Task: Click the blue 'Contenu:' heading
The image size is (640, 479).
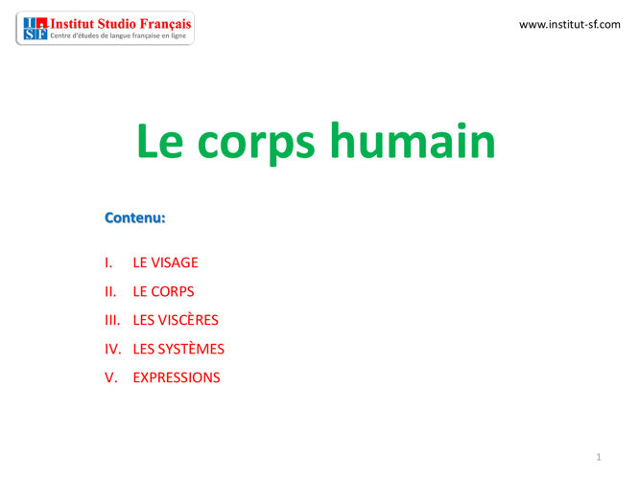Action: pos(134,217)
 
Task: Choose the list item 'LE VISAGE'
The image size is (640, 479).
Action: pos(165,262)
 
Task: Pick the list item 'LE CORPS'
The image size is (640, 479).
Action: pos(163,291)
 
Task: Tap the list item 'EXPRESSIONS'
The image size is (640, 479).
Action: pos(177,377)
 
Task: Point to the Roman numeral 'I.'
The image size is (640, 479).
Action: pos(108,262)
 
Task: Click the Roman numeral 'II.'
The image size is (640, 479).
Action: pos(110,291)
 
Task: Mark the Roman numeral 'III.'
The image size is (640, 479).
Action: pos(112,320)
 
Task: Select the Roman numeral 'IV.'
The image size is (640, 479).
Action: pos(112,349)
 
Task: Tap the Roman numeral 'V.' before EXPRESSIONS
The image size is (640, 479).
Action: pos(110,377)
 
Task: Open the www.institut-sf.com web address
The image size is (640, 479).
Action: pos(569,24)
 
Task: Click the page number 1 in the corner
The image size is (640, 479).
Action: pos(599,458)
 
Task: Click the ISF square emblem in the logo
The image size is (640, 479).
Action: pos(34,29)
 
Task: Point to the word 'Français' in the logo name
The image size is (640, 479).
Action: pos(165,23)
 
